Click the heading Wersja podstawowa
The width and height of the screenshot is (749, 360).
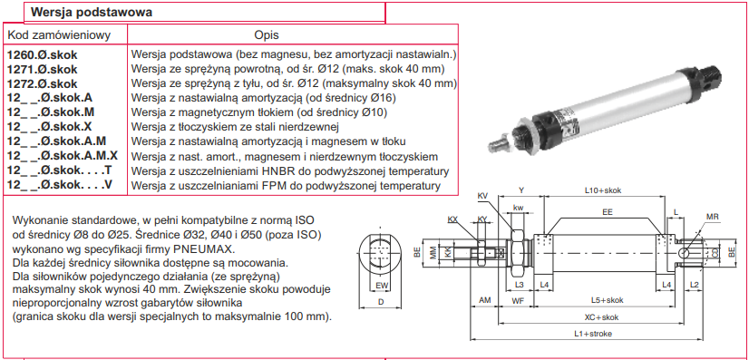click(x=92, y=13)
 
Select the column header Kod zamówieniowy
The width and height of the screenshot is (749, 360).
click(x=60, y=34)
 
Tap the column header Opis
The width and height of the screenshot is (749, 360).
click(x=267, y=35)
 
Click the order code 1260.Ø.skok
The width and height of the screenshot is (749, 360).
click(x=42, y=54)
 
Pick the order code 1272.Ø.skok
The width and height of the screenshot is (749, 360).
click(x=42, y=83)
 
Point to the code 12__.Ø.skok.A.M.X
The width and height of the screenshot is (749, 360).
click(x=63, y=156)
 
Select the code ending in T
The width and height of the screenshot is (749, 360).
click(x=59, y=170)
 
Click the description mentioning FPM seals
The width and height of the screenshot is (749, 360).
click(x=286, y=185)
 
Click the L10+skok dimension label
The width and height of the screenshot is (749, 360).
click(x=603, y=190)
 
